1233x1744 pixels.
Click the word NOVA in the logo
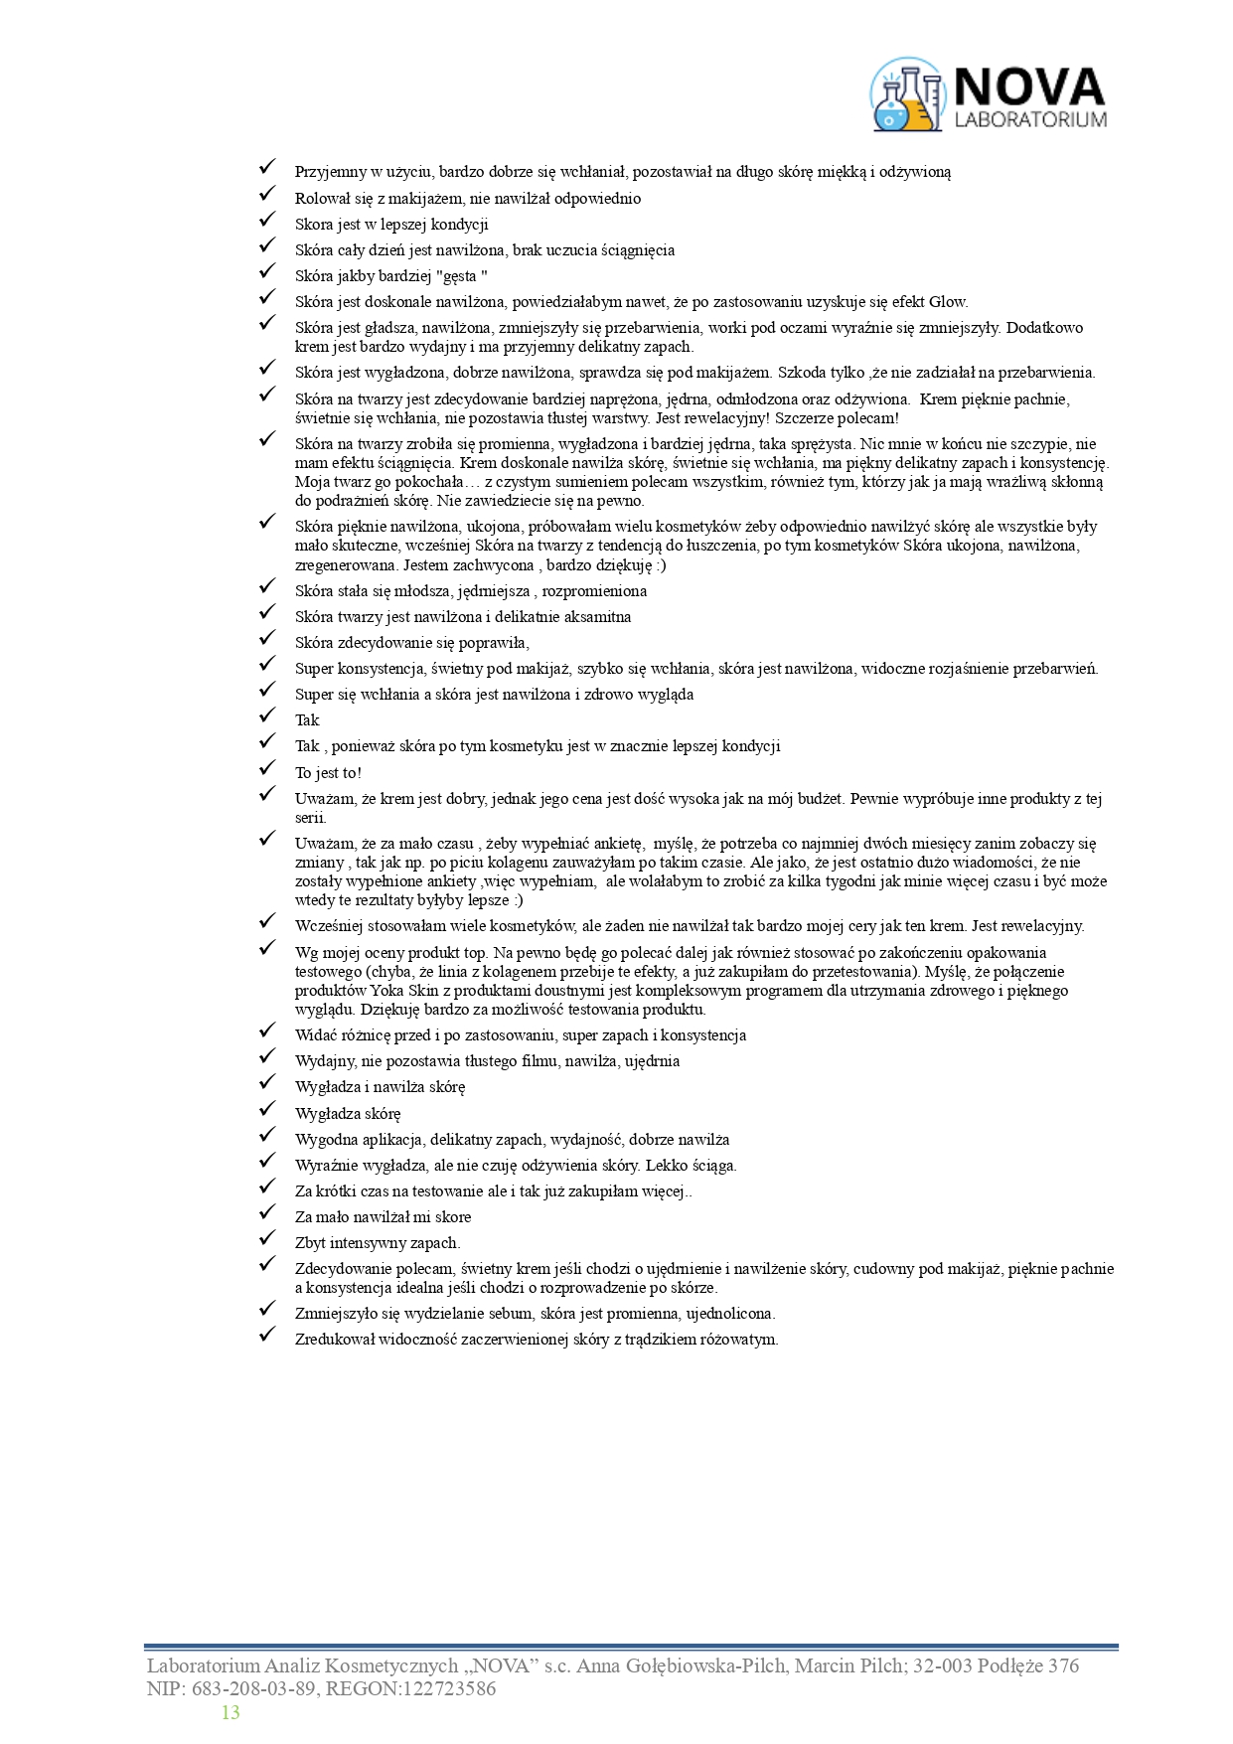click(1028, 87)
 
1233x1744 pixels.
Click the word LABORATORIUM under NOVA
click(1029, 120)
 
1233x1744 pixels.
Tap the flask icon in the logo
click(905, 95)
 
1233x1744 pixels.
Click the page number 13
click(231, 1712)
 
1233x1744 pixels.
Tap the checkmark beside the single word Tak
click(266, 715)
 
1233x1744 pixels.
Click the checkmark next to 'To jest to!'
click(266, 768)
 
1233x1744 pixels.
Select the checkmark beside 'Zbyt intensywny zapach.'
click(266, 1238)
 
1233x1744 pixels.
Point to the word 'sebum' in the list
click(511, 1314)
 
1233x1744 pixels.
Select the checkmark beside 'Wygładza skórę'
click(266, 1109)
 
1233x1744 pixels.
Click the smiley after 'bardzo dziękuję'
click(661, 565)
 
